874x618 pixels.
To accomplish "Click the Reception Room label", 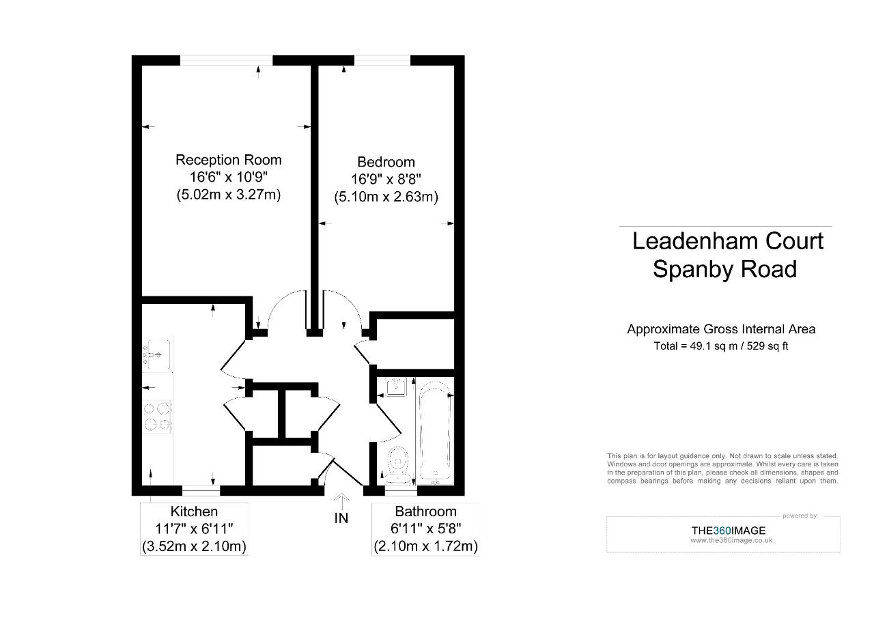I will coord(228,160).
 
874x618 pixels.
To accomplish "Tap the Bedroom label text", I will coord(386,162).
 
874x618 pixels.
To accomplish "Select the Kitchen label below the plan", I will coord(194,511).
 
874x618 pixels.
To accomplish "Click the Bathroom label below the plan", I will coord(425,511).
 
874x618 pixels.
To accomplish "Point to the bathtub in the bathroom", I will coord(434,432).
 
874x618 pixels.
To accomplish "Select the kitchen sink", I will coord(157,355).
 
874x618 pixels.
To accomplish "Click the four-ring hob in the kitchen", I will coord(157,417).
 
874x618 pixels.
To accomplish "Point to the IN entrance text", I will coord(341,518).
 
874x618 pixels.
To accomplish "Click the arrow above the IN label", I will coord(341,502).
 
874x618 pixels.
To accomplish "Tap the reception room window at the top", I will coord(226,61).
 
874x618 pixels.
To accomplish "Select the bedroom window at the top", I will coord(382,61).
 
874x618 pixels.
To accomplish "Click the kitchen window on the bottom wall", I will coord(201,490).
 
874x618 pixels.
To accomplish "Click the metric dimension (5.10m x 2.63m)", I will coord(386,197).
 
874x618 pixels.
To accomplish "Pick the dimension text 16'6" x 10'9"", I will coord(228,178).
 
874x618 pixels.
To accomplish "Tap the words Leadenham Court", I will coord(728,241).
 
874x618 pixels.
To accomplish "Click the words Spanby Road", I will coord(724,269).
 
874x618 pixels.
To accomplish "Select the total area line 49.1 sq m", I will coord(721,346).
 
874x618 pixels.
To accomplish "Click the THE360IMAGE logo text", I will coord(728,531).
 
